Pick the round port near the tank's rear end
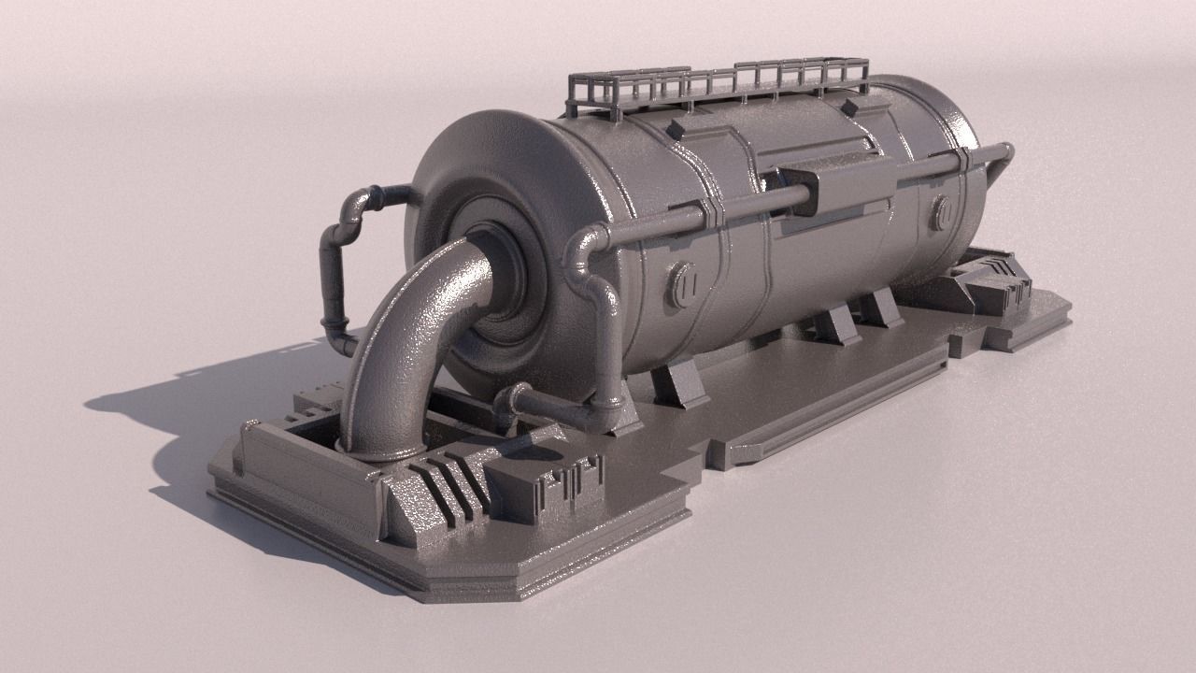pos(941,213)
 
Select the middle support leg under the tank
pos(834,325)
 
